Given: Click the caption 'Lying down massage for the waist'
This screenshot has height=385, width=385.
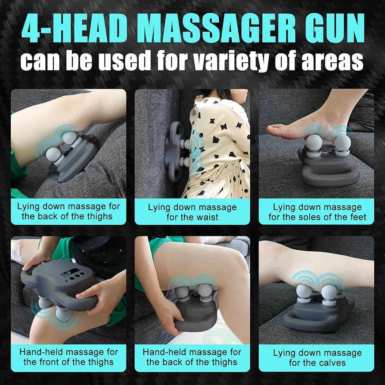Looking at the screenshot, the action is [x=192, y=212].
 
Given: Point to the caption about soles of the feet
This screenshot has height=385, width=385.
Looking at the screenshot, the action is [x=317, y=212].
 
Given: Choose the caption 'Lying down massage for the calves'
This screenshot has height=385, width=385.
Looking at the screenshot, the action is [x=317, y=358].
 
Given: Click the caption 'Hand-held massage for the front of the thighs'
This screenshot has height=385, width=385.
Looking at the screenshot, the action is [x=68, y=357].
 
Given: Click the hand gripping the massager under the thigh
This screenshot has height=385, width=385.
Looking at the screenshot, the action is [x=169, y=314].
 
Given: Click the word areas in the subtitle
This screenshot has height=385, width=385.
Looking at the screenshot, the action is [x=332, y=61].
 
